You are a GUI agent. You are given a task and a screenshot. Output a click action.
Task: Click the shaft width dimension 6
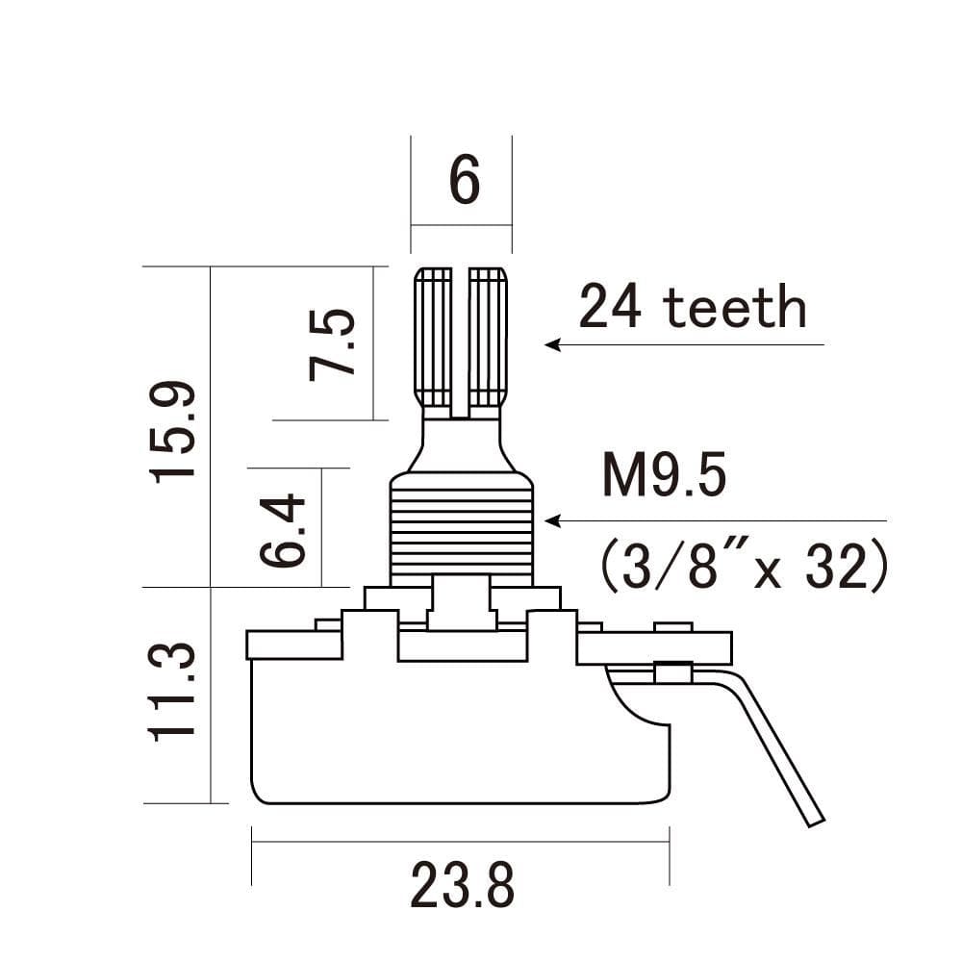(464, 180)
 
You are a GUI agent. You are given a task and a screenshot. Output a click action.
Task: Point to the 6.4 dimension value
(283, 531)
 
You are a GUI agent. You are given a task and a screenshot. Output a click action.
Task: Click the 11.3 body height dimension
(173, 693)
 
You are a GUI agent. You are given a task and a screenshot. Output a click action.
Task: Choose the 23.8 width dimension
(462, 885)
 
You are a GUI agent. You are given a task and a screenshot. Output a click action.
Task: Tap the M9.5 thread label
(664, 476)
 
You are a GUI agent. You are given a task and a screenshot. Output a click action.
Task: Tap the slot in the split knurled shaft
(461, 337)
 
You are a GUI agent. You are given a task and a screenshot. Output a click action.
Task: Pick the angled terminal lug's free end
(813, 816)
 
